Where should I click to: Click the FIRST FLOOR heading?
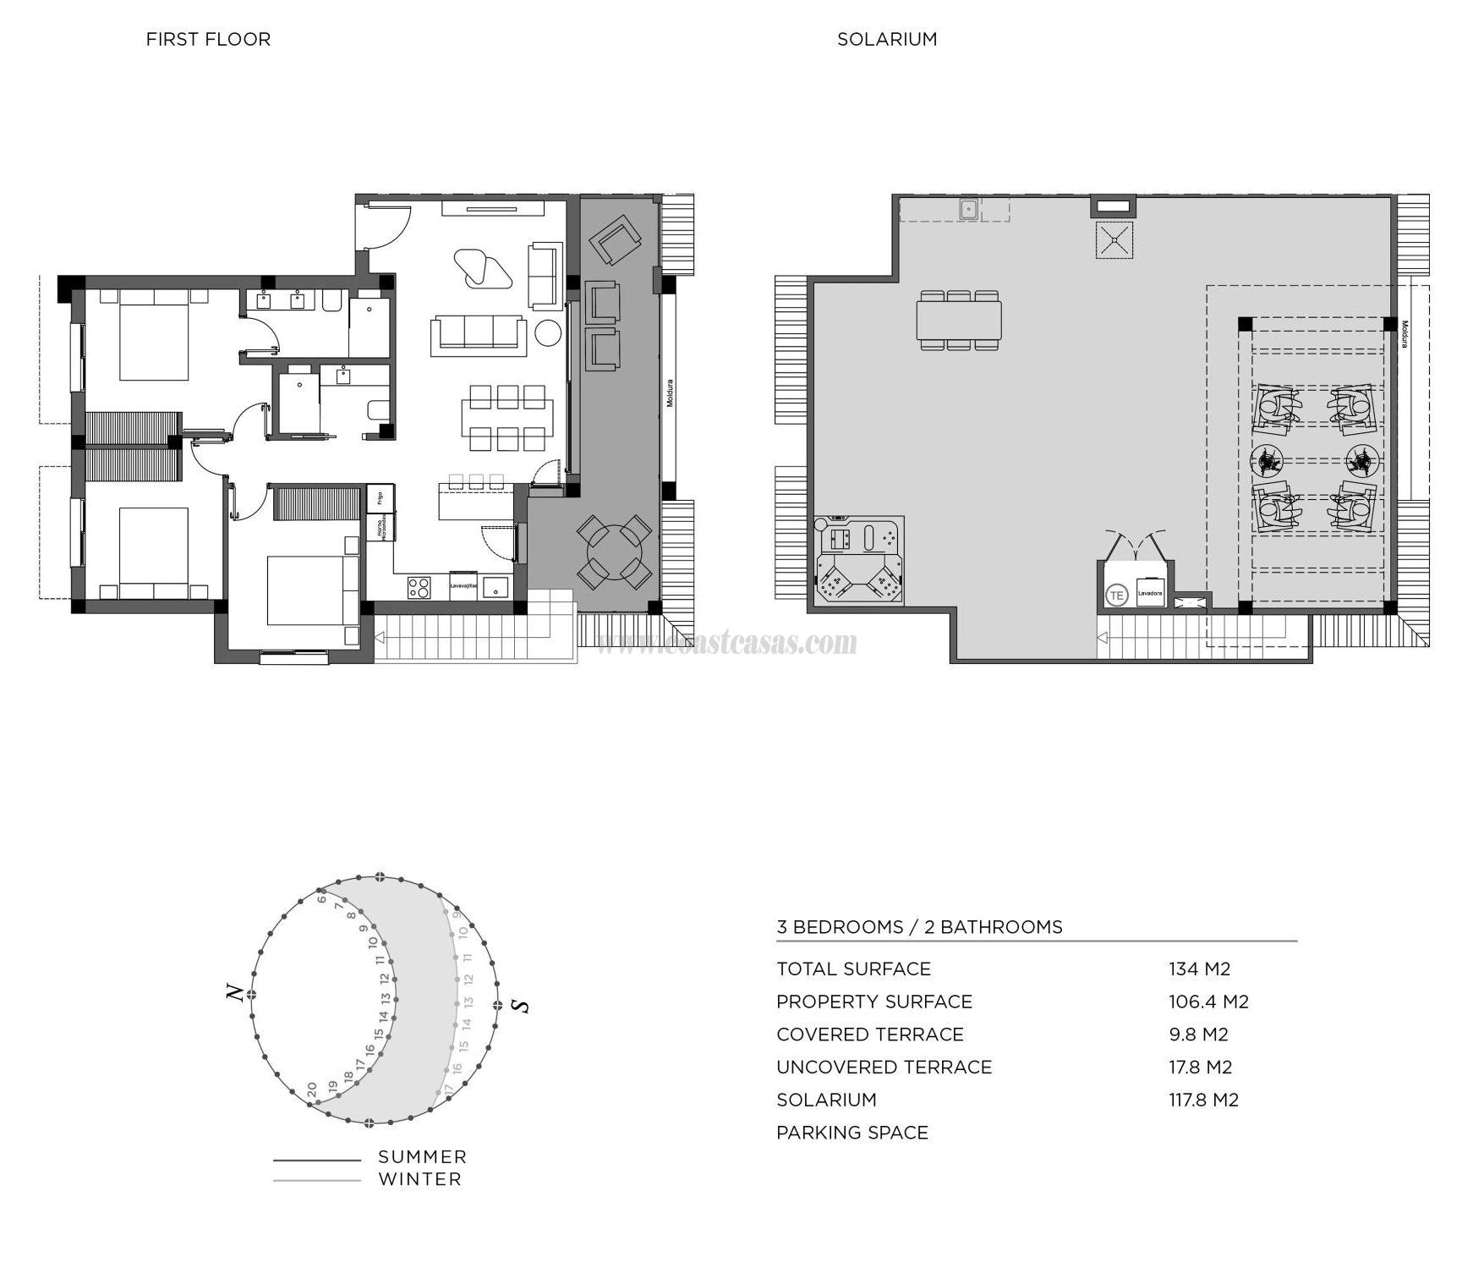[x=208, y=39]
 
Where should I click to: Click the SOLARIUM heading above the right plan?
[x=887, y=39]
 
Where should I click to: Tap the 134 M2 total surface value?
[x=1199, y=969]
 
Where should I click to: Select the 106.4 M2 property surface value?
[x=1208, y=1002]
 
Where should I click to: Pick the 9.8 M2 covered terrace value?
[x=1198, y=1034]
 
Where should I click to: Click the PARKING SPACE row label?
[x=851, y=1133]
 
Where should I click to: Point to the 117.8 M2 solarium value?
[x=1203, y=1100]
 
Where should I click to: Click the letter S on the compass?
[x=522, y=1006]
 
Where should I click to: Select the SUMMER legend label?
[x=422, y=1156]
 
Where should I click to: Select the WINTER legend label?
[x=419, y=1178]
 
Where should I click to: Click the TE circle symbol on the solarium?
[x=1116, y=596]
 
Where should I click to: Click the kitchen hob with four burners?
[x=419, y=586]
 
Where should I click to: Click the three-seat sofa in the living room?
[x=478, y=333]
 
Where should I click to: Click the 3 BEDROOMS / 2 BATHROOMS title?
[x=919, y=927]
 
